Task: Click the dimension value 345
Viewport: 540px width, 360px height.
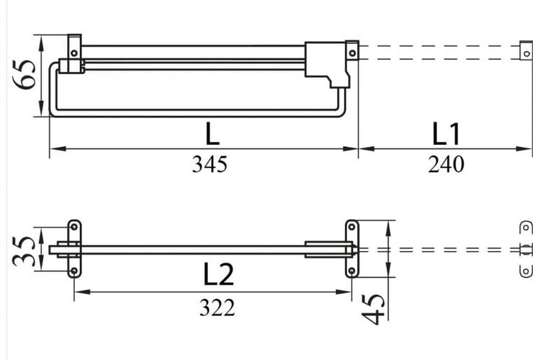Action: coord(210,164)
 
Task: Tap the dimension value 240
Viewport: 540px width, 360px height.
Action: coord(446,164)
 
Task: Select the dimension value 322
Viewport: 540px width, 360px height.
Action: coord(217,307)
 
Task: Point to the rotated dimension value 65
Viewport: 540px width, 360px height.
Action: coord(24,75)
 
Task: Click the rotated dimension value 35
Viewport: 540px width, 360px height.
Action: coord(24,251)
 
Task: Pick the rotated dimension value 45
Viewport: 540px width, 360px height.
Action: coord(373,310)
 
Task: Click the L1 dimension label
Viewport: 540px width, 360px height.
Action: coord(446,134)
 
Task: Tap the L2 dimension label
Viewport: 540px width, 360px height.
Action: coord(219,274)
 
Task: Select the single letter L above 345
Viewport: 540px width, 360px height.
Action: coord(212,134)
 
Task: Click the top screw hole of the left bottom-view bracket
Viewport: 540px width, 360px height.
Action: coord(74,227)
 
